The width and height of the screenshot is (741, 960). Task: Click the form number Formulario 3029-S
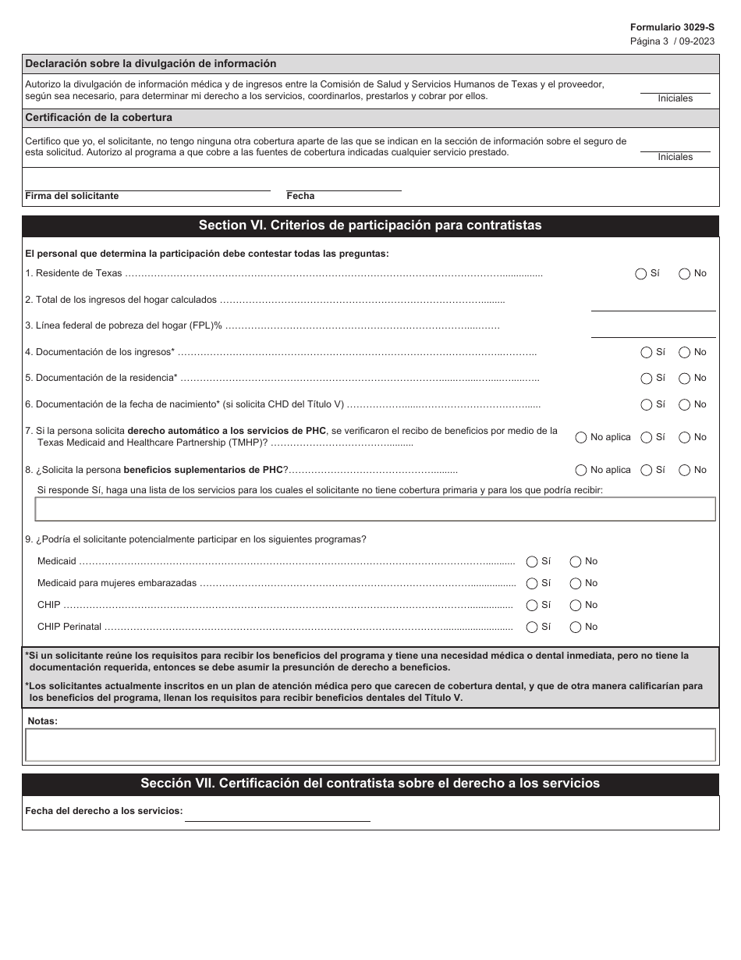click(672, 27)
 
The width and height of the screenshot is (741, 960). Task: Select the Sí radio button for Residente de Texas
click(641, 274)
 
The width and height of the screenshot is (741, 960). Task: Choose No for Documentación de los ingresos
click(685, 353)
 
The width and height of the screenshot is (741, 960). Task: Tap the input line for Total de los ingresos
click(653, 304)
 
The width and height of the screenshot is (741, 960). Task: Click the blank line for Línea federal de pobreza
click(653, 331)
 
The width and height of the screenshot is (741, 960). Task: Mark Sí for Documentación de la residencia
click(647, 379)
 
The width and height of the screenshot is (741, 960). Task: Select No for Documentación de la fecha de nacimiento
click(685, 405)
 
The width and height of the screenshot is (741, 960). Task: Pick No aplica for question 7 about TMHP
click(581, 438)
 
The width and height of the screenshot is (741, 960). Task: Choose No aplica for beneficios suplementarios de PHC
click(581, 471)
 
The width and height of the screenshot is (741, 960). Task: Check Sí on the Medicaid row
click(532, 562)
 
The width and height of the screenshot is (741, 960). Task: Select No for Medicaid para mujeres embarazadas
click(576, 584)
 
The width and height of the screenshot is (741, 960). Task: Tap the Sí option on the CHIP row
click(532, 606)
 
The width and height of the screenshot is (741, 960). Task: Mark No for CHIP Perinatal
click(576, 628)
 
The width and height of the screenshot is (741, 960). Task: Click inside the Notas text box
click(370, 745)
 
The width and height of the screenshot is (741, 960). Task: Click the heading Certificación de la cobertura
click(99, 118)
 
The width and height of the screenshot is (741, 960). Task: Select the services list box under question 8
click(375, 510)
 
